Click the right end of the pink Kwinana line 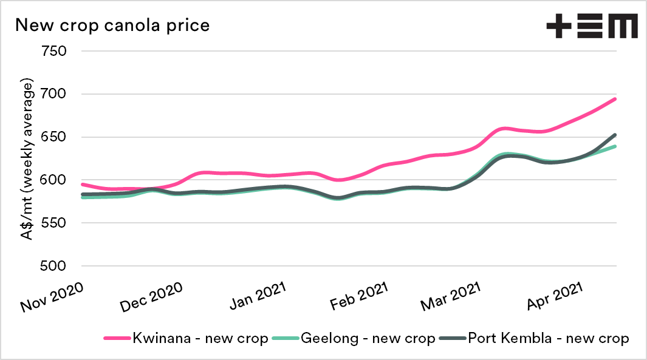(x=615, y=99)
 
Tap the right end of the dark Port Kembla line (x=615, y=135)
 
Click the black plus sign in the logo (x=560, y=27)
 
